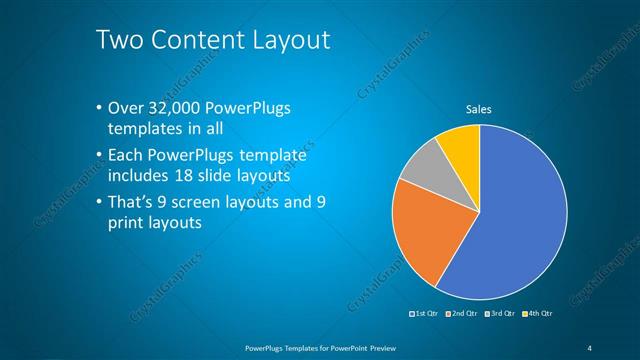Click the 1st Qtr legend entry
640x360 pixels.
[x=426, y=315]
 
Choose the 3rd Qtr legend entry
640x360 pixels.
[x=500, y=315]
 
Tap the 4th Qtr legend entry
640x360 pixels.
[x=537, y=315]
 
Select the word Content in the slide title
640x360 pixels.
[x=189, y=41]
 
